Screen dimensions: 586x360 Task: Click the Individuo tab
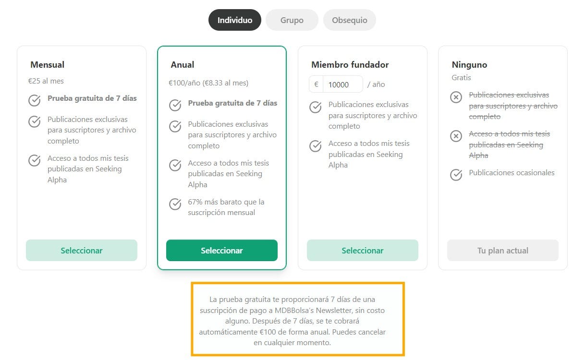pyautogui.click(x=235, y=20)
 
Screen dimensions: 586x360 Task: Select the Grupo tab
pyautogui.click(x=292, y=20)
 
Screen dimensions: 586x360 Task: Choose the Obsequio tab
pyautogui.click(x=350, y=20)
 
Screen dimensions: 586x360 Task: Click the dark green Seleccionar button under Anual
pyautogui.click(x=222, y=251)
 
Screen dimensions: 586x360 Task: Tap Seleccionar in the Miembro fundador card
pyautogui.click(x=363, y=251)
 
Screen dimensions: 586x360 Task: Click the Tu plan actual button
pyautogui.click(x=503, y=251)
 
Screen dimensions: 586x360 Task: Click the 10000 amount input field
pyautogui.click(x=343, y=84)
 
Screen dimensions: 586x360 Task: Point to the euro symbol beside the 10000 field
pyautogui.click(x=316, y=84)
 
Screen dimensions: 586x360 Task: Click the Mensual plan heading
pyautogui.click(x=48, y=65)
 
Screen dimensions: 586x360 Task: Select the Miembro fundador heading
pyautogui.click(x=350, y=65)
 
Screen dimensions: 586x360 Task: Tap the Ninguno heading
pyautogui.click(x=469, y=65)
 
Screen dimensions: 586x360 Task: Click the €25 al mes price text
pyautogui.click(x=46, y=81)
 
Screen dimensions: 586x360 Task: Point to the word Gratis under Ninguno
pyautogui.click(x=461, y=78)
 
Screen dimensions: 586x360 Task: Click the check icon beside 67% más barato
pyautogui.click(x=175, y=204)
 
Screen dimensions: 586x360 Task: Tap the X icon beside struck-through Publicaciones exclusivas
pyautogui.click(x=456, y=97)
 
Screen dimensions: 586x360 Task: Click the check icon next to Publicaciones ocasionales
pyautogui.click(x=456, y=175)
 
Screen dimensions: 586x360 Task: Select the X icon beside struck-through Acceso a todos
pyautogui.click(x=456, y=136)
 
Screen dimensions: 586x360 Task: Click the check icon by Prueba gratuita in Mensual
pyautogui.click(x=34, y=100)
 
